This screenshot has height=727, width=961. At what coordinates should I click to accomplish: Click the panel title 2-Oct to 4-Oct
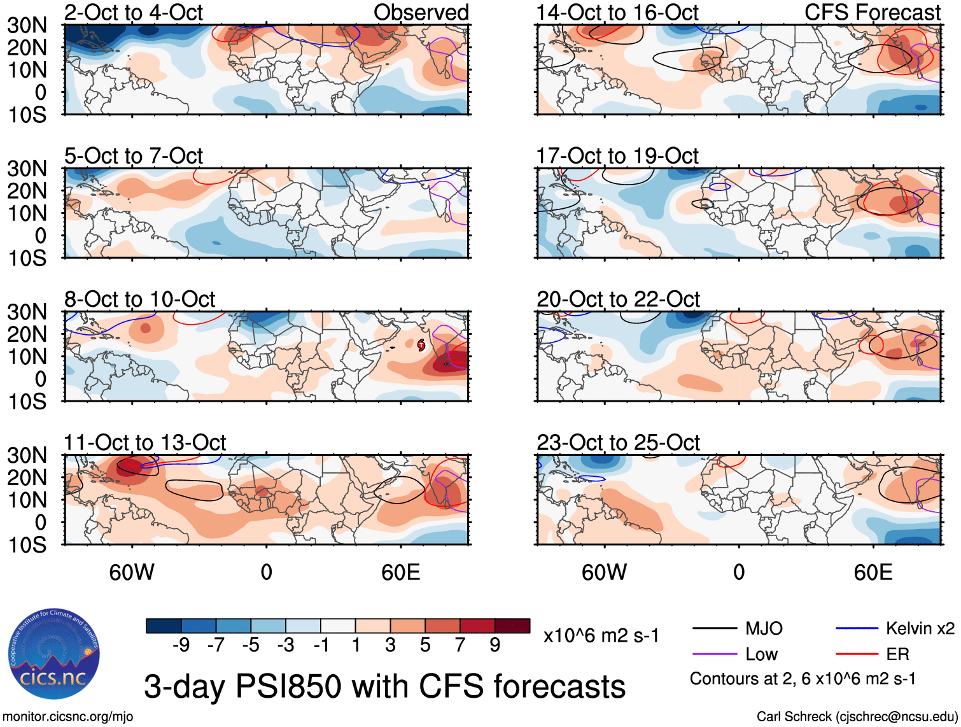[x=134, y=12]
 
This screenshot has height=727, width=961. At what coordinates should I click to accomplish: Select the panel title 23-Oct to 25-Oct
[x=618, y=442]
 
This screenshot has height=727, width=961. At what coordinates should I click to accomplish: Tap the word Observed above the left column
[x=421, y=12]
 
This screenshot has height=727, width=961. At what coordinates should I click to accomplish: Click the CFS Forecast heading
[x=872, y=12]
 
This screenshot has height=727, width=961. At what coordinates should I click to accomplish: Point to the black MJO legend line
[x=714, y=629]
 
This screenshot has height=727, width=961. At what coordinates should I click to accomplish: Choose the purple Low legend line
[x=714, y=654]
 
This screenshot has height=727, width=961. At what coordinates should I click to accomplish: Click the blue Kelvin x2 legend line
[x=857, y=629]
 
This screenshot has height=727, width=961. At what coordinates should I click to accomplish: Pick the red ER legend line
[x=857, y=654]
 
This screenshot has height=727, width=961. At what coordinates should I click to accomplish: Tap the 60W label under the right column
[x=604, y=572]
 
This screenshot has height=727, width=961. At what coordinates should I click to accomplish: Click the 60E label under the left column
[x=400, y=572]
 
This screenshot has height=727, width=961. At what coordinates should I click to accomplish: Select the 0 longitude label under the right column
[x=738, y=572]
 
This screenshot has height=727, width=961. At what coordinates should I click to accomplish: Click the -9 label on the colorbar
[x=181, y=646]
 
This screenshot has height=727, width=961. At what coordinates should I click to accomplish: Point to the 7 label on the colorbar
[x=460, y=646]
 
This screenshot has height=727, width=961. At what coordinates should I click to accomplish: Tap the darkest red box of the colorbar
[x=512, y=626]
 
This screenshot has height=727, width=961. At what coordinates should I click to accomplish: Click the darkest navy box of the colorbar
[x=164, y=626]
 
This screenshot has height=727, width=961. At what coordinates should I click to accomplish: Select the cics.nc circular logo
[x=54, y=654]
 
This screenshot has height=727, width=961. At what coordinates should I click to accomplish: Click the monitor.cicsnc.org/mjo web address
[x=68, y=717]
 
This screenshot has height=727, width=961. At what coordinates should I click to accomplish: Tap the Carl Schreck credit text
[x=857, y=717]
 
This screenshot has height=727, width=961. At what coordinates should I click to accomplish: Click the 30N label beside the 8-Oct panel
[x=27, y=312]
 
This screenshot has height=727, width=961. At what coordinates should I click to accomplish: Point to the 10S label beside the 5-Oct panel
[x=27, y=258]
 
